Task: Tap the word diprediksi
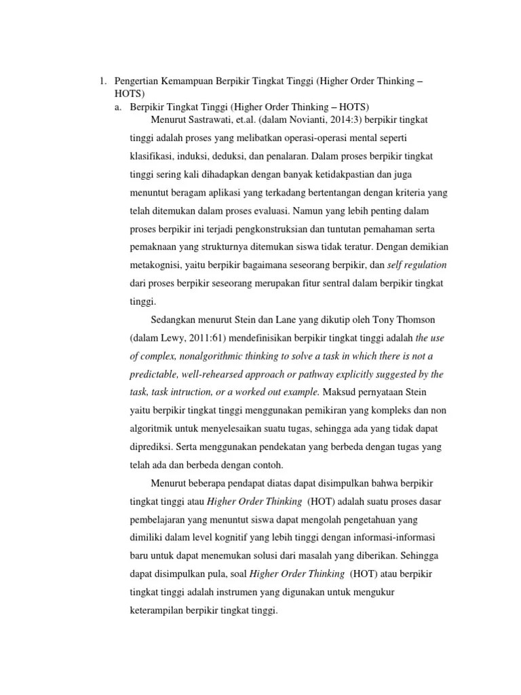[151, 447]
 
